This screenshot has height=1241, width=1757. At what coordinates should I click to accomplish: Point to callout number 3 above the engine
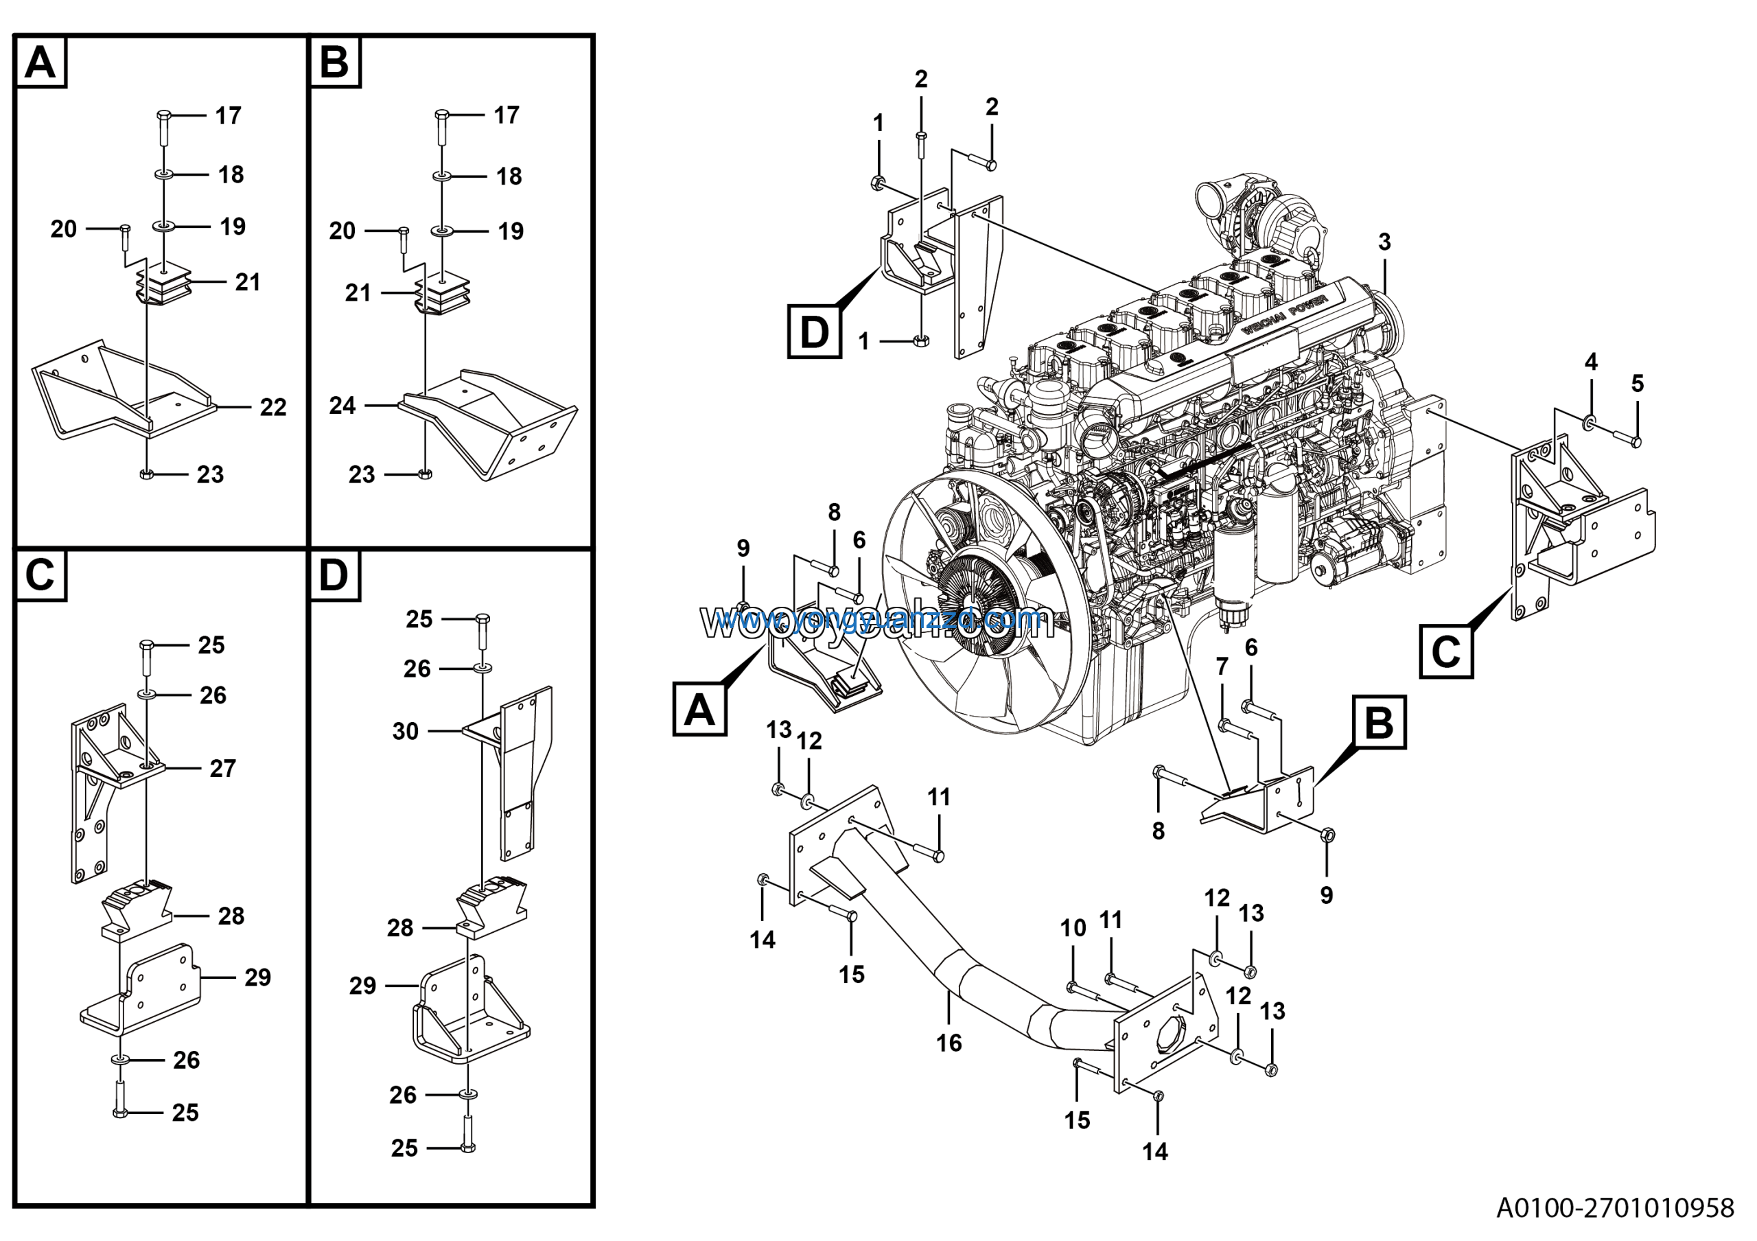click(x=1384, y=242)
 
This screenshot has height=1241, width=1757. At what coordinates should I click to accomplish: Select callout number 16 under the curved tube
click(x=949, y=1043)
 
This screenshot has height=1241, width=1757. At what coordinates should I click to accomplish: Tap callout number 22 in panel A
click(x=273, y=407)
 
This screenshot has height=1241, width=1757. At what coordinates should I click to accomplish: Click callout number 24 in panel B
click(x=342, y=406)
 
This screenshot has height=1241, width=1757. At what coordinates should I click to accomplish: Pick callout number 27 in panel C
click(x=222, y=768)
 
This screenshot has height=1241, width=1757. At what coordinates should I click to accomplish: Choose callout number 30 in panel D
click(x=406, y=732)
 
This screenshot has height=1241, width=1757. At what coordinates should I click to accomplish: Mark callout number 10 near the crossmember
click(x=1073, y=928)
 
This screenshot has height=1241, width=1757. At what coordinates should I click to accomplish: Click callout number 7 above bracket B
click(x=1222, y=666)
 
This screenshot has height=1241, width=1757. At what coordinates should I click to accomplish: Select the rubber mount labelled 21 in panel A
click(x=165, y=286)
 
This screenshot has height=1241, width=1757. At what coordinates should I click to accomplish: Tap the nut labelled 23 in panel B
click(x=425, y=474)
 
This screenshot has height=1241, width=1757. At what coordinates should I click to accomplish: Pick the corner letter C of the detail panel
click(x=40, y=575)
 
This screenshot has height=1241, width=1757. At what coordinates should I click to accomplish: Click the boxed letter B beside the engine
click(x=1379, y=721)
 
